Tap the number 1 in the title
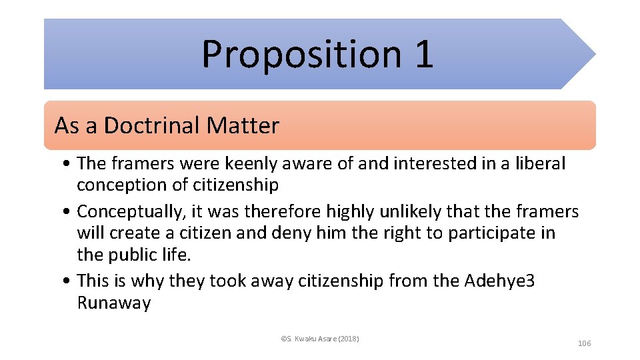423,54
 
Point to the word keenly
252,163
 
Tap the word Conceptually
130,212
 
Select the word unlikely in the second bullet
402,212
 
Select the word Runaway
114,303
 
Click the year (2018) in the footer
348,339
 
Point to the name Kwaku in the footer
303,339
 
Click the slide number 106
584,343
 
